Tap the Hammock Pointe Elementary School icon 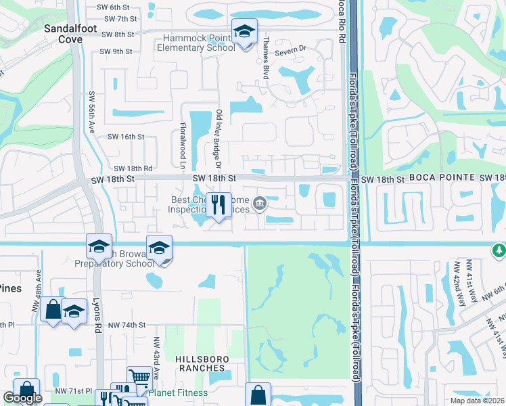click(244, 31)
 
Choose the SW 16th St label click(127, 137)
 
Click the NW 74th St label click(127, 325)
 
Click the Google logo click(22, 398)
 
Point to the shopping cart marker click(139, 377)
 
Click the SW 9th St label click(115, 51)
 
